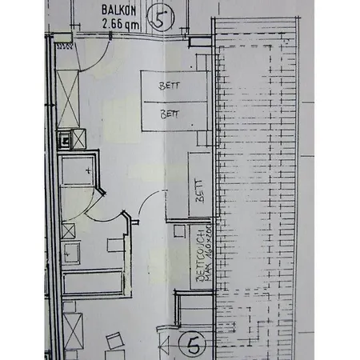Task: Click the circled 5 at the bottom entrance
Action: tap(192, 345)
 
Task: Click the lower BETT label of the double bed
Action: tap(170, 114)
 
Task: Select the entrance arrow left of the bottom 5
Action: tap(166, 346)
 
